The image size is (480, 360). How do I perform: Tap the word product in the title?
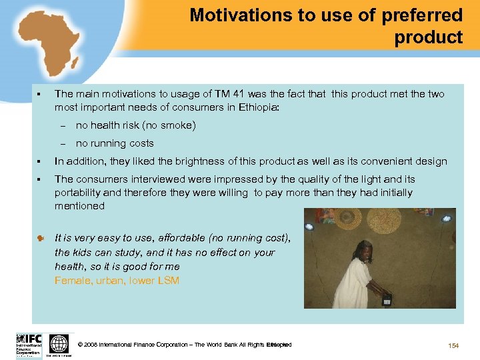pyautogui.click(x=428, y=37)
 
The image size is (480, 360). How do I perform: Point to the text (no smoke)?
pyautogui.click(x=164, y=125)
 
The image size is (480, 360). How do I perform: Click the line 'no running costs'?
pyautogui.click(x=115, y=143)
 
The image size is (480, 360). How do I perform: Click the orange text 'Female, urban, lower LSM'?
pyautogui.click(x=117, y=281)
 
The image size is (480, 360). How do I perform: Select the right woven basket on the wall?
pyautogui.click(x=385, y=219)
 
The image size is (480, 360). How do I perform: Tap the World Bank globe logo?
pyautogui.click(x=59, y=343)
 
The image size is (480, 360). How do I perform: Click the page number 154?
pyautogui.click(x=454, y=345)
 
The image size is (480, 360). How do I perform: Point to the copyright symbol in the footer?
pyautogui.click(x=80, y=345)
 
